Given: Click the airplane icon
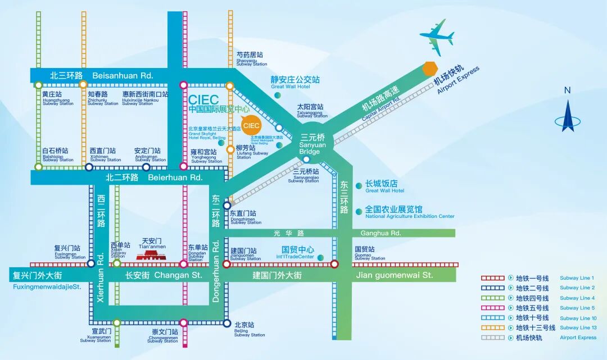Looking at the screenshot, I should click(x=437, y=38).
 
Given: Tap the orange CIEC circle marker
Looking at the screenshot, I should click(x=251, y=125).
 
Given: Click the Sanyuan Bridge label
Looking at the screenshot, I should click(x=310, y=144).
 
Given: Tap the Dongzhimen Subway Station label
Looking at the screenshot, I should click(x=246, y=217).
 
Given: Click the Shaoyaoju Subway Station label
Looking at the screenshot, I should click(x=251, y=58).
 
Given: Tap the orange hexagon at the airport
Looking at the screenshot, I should click(x=430, y=69).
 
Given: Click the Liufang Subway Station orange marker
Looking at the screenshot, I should click(x=230, y=149).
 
